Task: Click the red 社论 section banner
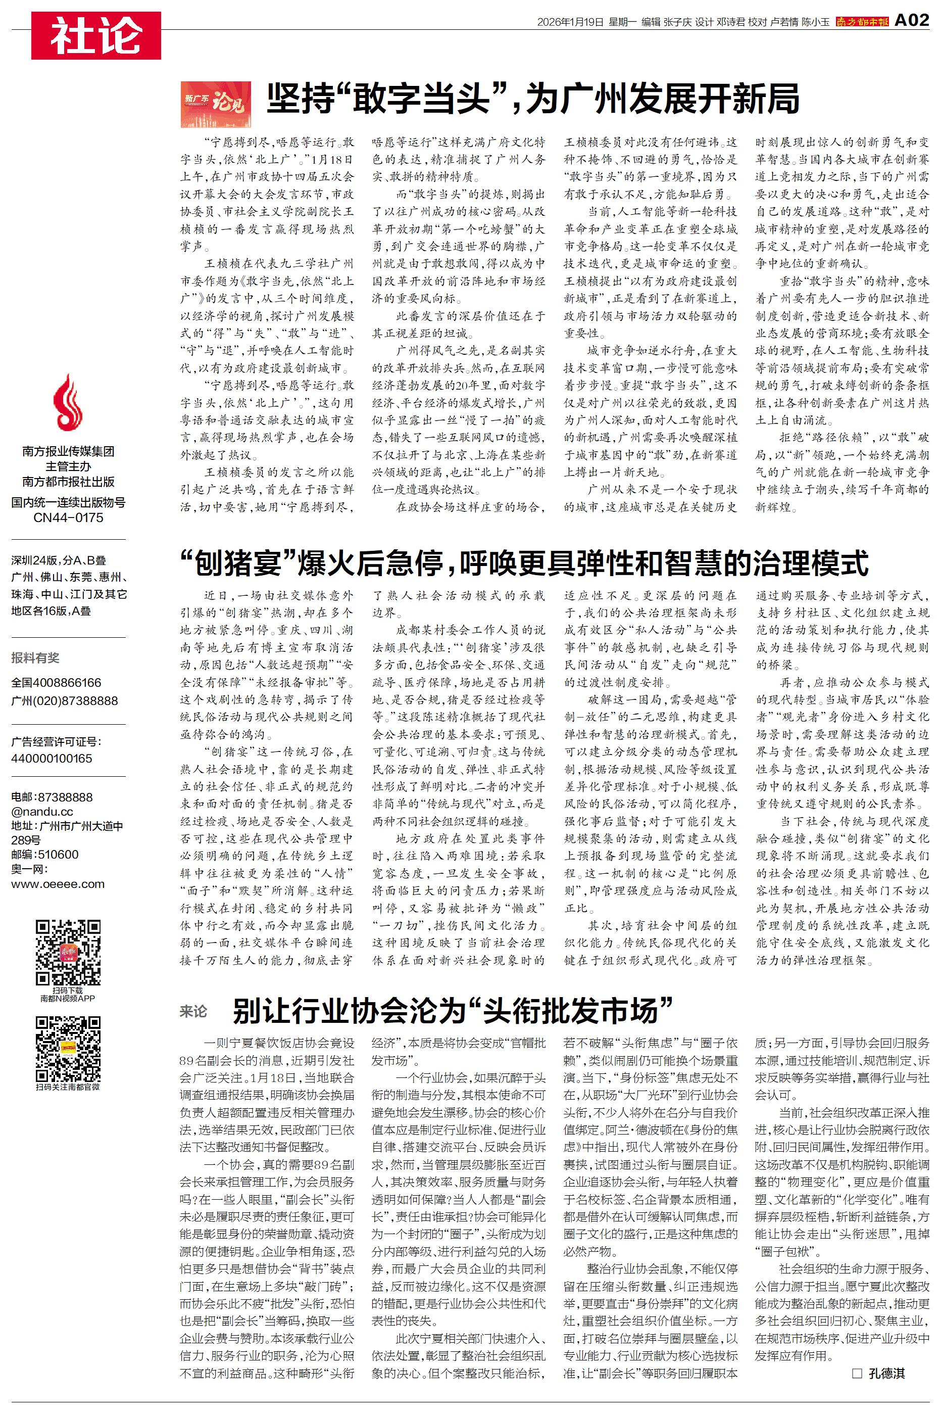click(96, 35)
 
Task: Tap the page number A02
click(912, 20)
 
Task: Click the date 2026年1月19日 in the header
click(570, 22)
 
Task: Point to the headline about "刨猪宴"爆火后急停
click(524, 563)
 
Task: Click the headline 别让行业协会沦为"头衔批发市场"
click(453, 1010)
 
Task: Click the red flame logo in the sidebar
click(68, 402)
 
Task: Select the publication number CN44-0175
click(68, 517)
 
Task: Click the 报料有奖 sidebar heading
click(35, 658)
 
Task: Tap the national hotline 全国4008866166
click(57, 682)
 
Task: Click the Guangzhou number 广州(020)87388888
click(64, 700)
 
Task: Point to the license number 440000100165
click(52, 758)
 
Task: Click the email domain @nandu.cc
click(42, 812)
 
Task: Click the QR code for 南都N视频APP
click(68, 952)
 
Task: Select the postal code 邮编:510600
click(44, 854)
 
